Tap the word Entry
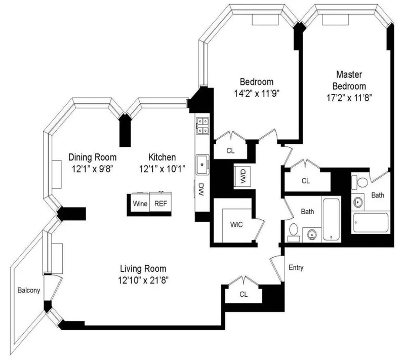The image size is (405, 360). click(296, 267)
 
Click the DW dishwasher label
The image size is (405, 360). click(200, 191)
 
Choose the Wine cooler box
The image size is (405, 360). click(140, 204)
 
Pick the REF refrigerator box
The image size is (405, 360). click(160, 204)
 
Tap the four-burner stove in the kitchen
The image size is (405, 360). click(204, 126)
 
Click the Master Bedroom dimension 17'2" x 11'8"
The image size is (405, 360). click(346, 99)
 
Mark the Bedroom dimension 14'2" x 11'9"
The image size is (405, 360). click(257, 93)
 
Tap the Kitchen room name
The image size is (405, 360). click(162, 157)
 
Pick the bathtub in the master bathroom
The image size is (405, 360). click(371, 222)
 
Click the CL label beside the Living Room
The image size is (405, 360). click(244, 294)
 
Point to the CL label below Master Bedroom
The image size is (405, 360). click(305, 180)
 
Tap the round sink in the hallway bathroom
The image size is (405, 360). click(310, 234)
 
